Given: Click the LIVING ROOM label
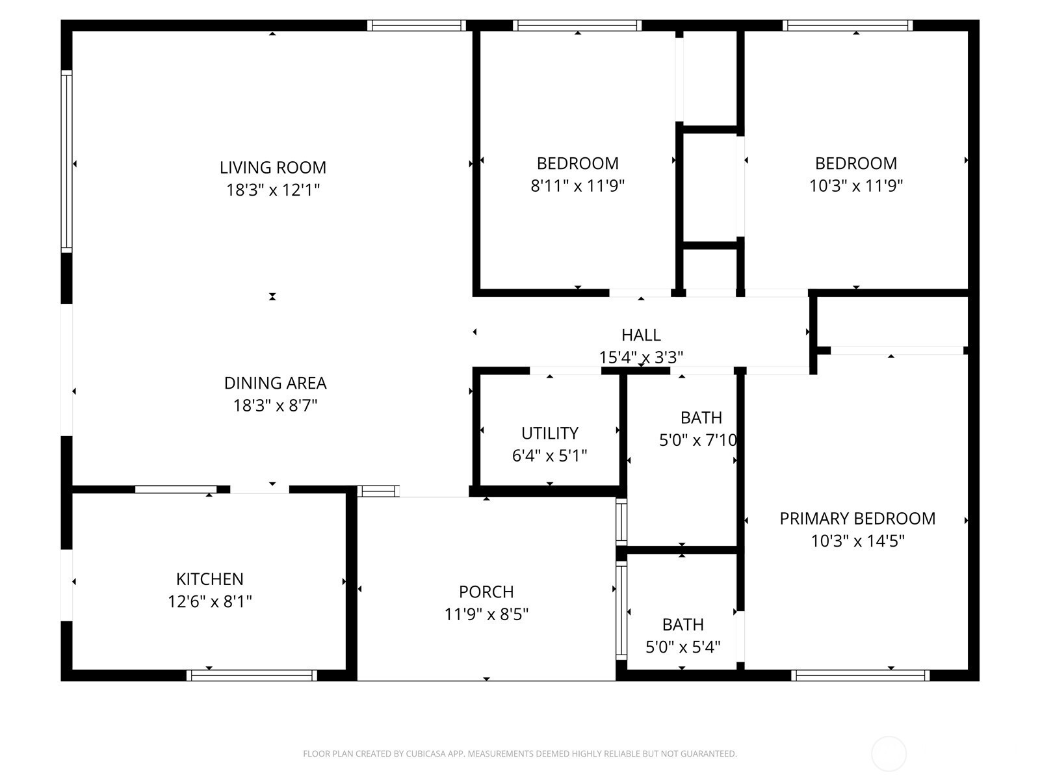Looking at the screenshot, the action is tap(273, 168).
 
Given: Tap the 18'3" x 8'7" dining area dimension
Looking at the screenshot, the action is tap(276, 406).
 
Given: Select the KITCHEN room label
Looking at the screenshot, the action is tap(210, 579).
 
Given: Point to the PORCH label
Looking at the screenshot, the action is tap(487, 592).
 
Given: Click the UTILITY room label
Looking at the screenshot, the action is tap(550, 434).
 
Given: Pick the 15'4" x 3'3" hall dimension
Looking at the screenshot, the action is tap(641, 357).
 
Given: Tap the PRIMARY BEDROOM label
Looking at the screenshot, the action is tap(857, 519).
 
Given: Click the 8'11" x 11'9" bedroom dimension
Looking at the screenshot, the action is tap(578, 186).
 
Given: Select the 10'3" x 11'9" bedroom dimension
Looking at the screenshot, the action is tap(856, 186).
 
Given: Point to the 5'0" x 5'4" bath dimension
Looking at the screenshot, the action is tap(682, 647).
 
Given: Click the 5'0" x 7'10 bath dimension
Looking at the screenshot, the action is tap(698, 441).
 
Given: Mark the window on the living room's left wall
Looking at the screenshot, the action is tap(67, 161).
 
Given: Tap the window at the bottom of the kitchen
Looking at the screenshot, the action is tap(252, 675).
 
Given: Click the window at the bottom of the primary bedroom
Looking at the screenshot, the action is tap(861, 675).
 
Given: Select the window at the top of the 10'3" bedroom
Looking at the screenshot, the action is tap(848, 25).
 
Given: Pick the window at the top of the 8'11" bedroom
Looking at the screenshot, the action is tap(577, 25).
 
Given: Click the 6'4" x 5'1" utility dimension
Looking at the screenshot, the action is tap(550, 456).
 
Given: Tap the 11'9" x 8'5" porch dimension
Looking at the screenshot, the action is tap(487, 615).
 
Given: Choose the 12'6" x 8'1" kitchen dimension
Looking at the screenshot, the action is tap(210, 602).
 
